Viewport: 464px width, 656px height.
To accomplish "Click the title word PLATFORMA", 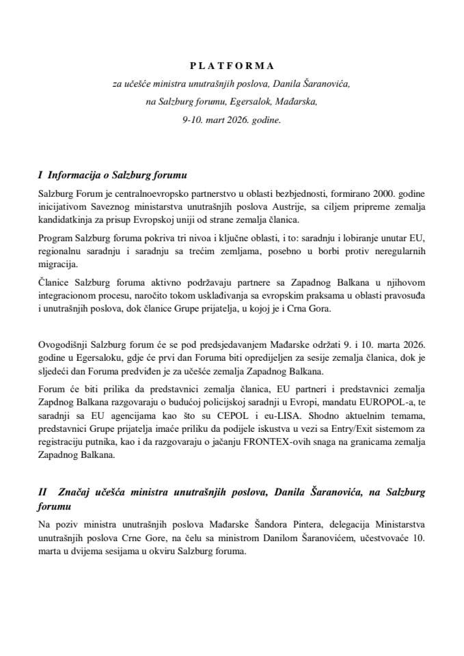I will pos(231,66).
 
